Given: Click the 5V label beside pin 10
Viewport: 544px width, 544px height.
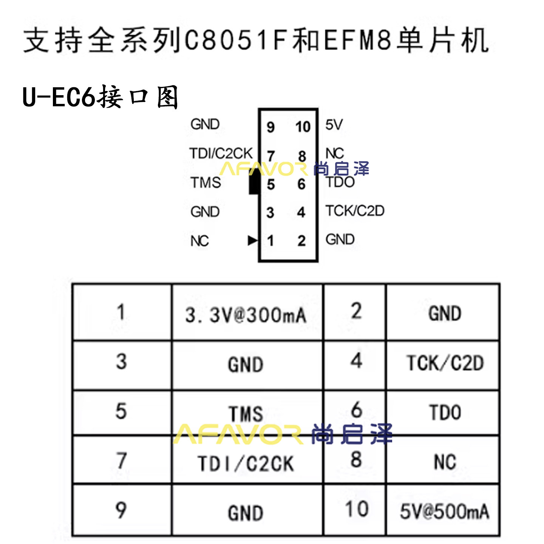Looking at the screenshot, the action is (334, 125).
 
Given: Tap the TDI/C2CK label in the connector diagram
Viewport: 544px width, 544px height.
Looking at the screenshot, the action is (221, 153).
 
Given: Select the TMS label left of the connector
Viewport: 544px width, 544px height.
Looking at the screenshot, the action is (206, 182).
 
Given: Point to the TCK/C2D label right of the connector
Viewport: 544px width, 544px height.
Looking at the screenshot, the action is (355, 210).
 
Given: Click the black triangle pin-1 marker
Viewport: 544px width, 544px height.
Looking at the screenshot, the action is (253, 240).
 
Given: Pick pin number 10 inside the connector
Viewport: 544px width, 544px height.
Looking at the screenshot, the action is (303, 127).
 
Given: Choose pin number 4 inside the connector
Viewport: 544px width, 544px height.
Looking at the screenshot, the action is (301, 212).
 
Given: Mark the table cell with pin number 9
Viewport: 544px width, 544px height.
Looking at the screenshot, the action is (121, 510).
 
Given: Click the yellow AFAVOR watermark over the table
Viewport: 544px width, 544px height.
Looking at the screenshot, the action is (238, 434).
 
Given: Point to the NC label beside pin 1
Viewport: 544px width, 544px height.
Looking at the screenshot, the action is (199, 241).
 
